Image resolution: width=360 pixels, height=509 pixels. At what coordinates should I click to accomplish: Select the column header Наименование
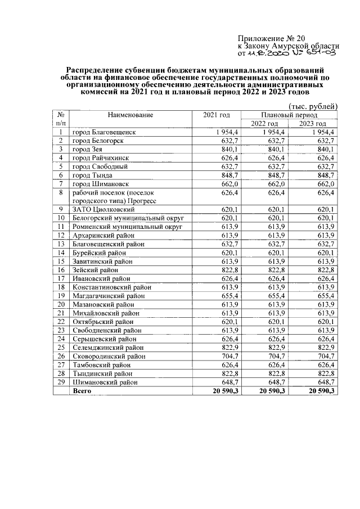pos(130,115)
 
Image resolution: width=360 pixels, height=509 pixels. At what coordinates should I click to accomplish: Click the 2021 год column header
pos(217,115)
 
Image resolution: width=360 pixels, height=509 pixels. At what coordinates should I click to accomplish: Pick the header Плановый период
pos(289,115)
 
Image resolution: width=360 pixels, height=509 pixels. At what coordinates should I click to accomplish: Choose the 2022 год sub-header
pos(264,124)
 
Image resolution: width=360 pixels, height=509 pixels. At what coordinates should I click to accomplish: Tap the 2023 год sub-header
pos(313,124)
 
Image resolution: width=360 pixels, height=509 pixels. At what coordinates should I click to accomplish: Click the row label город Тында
pos(93,175)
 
